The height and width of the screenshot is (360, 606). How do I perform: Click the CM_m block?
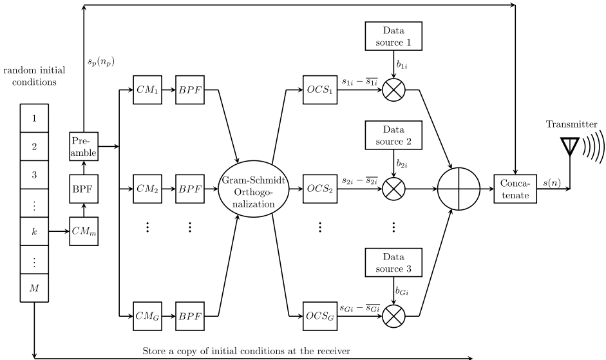pyautogui.click(x=82, y=230)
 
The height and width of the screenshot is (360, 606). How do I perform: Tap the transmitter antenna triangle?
pyautogui.click(x=570, y=149)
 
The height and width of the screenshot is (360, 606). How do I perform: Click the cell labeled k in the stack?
pyautogui.click(x=35, y=230)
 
